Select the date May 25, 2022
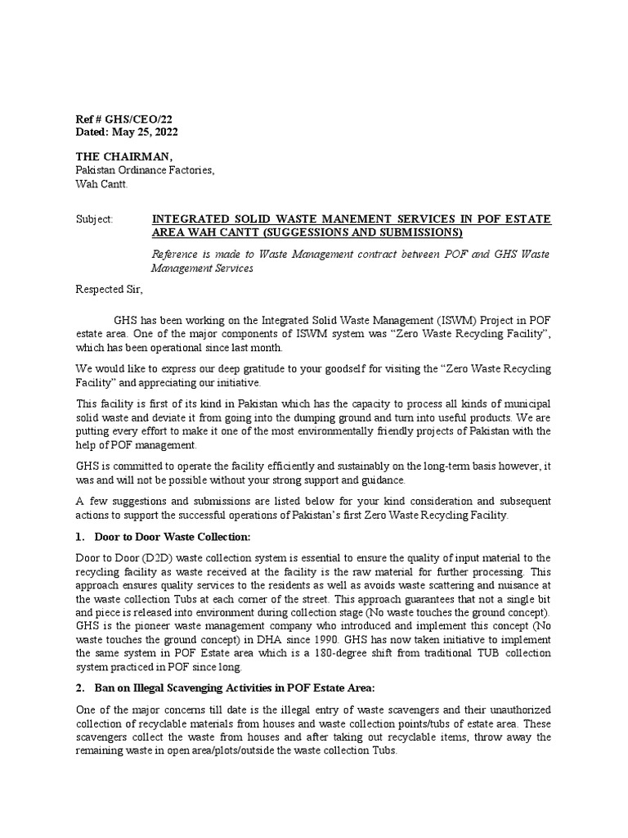[142, 133]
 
